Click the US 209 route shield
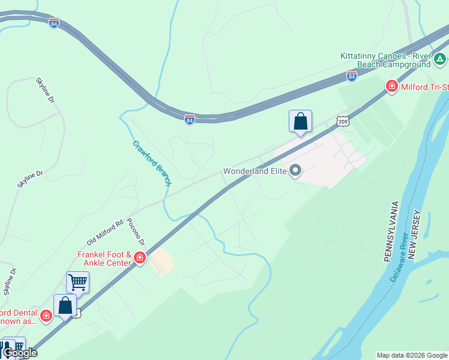[x=341, y=122]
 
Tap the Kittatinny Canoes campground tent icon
[x=440, y=59]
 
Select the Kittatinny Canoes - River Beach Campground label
[x=385, y=59]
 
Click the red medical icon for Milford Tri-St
[x=391, y=87]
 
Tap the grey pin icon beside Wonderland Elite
[x=295, y=171]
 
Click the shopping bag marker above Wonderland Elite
[x=300, y=122]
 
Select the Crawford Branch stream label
[x=152, y=163]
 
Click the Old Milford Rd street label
[x=104, y=231]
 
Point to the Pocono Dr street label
[x=136, y=232]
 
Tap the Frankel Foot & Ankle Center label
[x=104, y=259]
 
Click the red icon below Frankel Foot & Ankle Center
[x=139, y=259]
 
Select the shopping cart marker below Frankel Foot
[x=77, y=281]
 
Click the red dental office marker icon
[x=46, y=314]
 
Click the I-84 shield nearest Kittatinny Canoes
[x=351, y=76]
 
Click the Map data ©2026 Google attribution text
[x=412, y=355]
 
